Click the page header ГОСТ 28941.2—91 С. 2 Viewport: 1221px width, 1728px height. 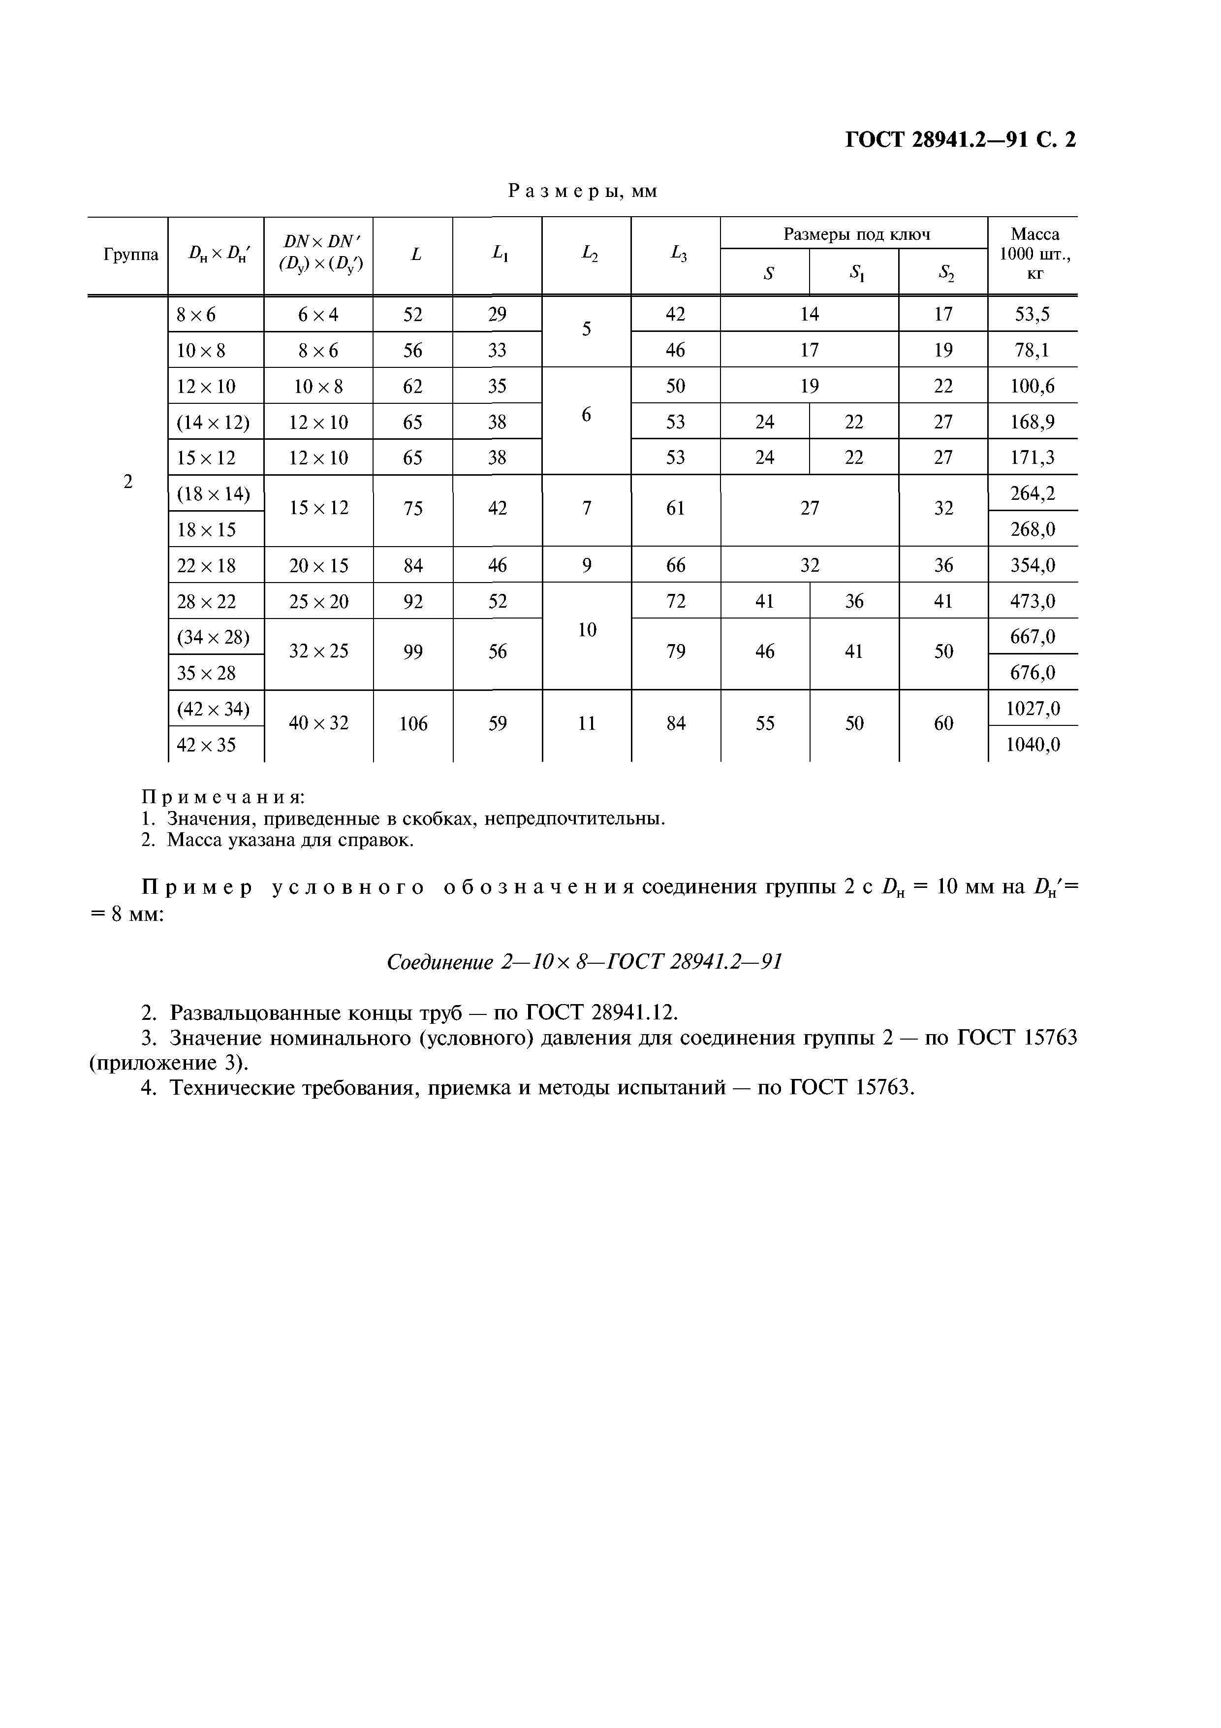961,140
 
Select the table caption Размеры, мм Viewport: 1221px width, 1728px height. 583,191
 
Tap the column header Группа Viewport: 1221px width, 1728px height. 130,255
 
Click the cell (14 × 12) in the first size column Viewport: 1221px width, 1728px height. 213,422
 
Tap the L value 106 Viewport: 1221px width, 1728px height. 413,724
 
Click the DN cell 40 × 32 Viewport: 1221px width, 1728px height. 319,724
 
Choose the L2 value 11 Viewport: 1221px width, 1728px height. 587,724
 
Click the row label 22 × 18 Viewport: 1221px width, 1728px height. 206,566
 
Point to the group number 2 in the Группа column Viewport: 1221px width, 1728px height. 128,482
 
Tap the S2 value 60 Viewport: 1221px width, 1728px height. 943,724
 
